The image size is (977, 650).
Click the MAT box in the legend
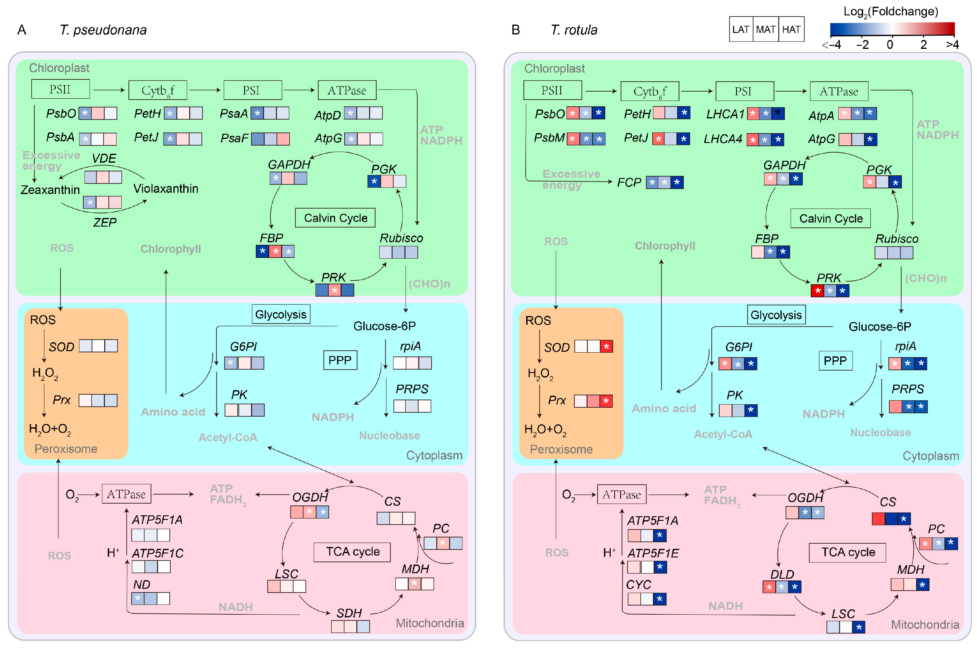pos(765,29)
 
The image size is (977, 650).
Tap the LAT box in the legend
pos(741,29)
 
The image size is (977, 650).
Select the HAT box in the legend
pos(791,29)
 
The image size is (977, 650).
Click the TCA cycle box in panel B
pos(847,552)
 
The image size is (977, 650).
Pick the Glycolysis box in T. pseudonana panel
pos(281,314)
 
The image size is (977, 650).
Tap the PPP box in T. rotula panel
pos(835,361)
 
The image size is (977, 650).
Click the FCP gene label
pos(629,182)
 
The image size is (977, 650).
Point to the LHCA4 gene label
pos(723,139)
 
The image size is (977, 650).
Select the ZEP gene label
pos(105,223)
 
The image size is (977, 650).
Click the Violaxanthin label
pos(166,188)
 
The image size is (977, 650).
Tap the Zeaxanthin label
pos(50,190)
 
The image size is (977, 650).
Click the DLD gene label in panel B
pos(782,574)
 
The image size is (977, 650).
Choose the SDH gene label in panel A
pos(349,613)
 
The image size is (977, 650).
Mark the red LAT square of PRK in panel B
pos(817,291)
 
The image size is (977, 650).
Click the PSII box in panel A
pos(61,89)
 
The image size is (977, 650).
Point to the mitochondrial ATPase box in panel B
pos(621,494)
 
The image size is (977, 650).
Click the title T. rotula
pos(574,30)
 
